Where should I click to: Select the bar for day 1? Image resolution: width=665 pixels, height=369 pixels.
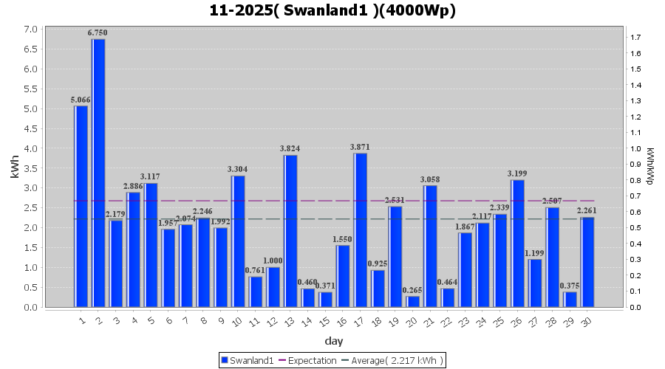[81, 206]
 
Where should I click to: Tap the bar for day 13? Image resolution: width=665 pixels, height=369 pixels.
[290, 231]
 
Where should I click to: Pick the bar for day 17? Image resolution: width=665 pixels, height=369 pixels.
[360, 230]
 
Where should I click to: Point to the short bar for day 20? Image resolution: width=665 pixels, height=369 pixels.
[412, 301]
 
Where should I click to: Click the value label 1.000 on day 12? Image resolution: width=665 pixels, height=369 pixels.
[273, 261]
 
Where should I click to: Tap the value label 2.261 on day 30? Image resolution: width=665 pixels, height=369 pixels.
[587, 210]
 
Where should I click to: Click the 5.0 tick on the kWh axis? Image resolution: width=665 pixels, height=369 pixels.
[30, 108]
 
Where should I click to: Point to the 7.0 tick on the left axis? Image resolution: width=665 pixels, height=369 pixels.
[30, 30]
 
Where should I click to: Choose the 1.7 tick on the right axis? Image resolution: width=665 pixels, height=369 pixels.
[635, 37]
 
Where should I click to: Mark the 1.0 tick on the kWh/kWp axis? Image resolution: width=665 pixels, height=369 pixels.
[635, 148]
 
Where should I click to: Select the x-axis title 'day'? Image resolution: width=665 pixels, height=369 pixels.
[333, 341]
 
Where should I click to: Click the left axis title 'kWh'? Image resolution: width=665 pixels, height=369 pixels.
[15, 168]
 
